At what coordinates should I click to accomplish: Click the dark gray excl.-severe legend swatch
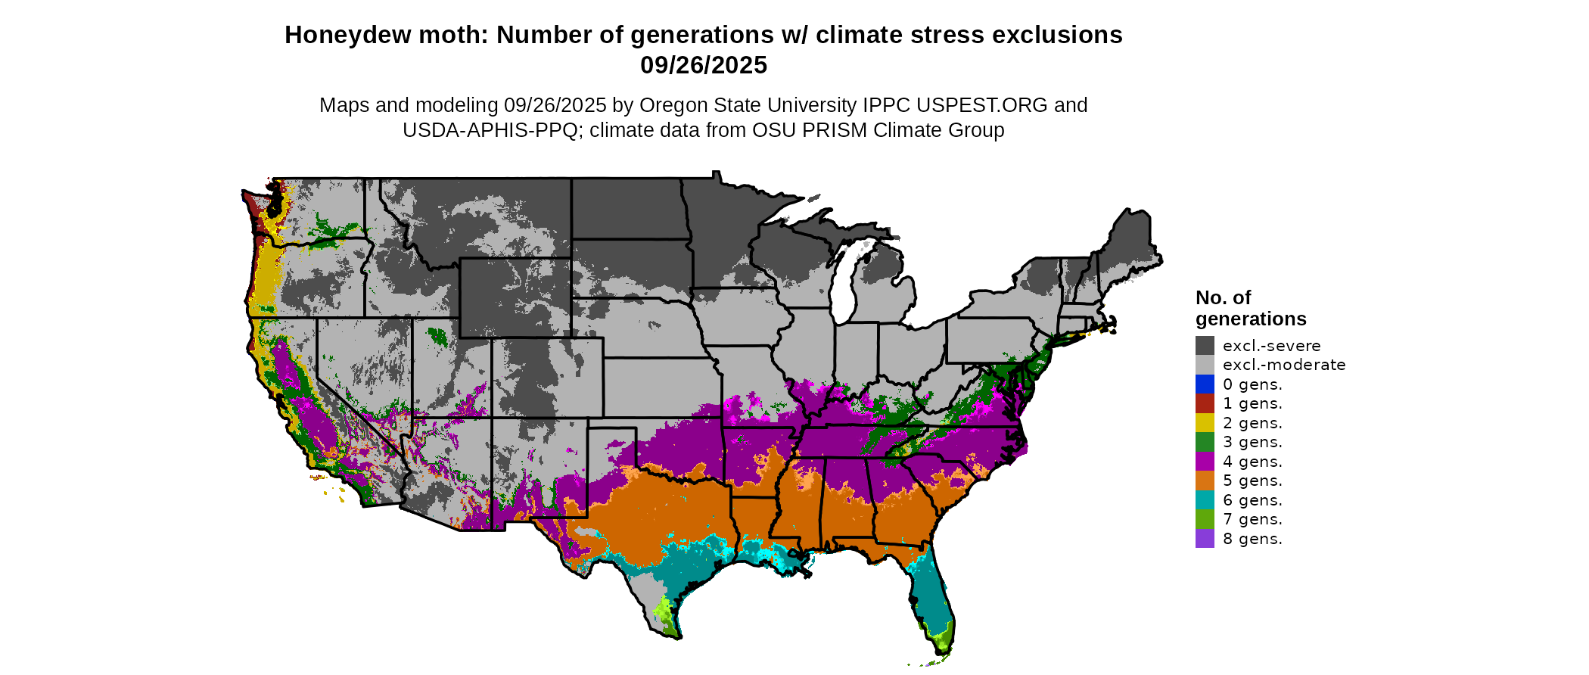click(x=1205, y=346)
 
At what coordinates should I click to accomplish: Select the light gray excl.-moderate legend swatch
click(x=1205, y=365)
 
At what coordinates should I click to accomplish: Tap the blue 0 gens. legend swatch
click(x=1205, y=384)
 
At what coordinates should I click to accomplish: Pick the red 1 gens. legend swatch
click(x=1205, y=403)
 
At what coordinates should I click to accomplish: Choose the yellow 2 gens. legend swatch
click(x=1205, y=423)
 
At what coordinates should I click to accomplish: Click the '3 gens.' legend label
click(x=1252, y=442)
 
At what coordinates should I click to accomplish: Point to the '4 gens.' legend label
click(x=1252, y=462)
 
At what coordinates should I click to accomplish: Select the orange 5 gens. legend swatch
click(x=1205, y=481)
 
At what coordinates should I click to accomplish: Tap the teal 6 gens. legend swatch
click(x=1205, y=500)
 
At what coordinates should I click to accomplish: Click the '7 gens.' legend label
click(x=1252, y=519)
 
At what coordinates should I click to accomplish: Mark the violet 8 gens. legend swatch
click(x=1205, y=539)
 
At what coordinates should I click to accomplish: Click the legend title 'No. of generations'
click(x=1250, y=308)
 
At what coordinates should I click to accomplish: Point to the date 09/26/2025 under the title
click(x=703, y=65)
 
